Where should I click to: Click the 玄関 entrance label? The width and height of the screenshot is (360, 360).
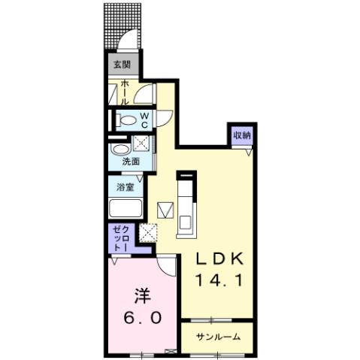click(x=122, y=65)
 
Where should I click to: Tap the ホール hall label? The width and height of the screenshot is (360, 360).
click(x=123, y=93)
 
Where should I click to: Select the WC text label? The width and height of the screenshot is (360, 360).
click(x=145, y=119)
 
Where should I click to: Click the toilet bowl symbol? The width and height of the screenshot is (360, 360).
click(x=128, y=120)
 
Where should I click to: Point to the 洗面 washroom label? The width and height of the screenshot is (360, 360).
click(x=133, y=161)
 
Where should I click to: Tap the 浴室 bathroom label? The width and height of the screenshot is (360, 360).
click(x=124, y=186)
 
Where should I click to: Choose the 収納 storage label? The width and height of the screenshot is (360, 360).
click(x=241, y=135)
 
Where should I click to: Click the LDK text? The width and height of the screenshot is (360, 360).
click(x=220, y=259)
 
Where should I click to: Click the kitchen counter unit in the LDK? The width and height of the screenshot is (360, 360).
click(x=186, y=203)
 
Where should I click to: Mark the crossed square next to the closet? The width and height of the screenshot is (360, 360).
click(x=147, y=234)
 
